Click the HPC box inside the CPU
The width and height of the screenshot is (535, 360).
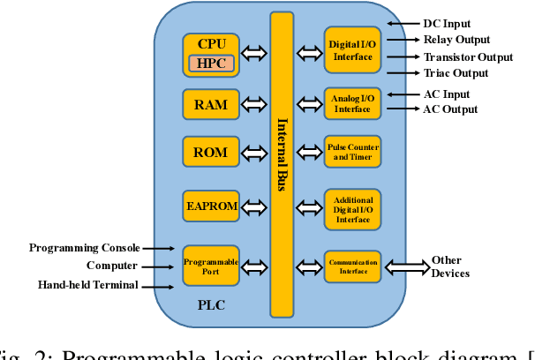coord(210,63)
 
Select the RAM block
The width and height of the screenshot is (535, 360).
coord(211,104)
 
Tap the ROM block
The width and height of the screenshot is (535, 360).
coord(211,152)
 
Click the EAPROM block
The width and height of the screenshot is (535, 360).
coord(211,207)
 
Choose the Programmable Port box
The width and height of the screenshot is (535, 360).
coord(211,265)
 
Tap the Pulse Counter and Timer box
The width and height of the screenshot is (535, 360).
coord(352,152)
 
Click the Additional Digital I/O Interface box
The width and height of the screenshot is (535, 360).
coord(352,208)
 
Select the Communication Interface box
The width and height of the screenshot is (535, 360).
coord(352,266)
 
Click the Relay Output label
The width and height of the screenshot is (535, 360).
coord(456,40)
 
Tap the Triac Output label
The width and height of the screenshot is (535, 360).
coord(456,73)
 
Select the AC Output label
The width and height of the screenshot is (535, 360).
coord(449,109)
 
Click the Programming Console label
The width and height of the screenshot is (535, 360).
coord(83,248)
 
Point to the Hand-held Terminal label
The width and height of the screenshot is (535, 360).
coord(87,284)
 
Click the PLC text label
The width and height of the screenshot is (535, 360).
coord(210,304)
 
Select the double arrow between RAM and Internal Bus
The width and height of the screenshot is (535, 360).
coord(253,104)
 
